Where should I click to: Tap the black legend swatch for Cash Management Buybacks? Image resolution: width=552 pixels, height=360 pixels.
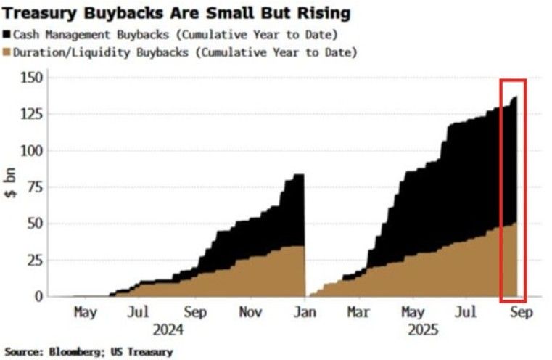point(7,35)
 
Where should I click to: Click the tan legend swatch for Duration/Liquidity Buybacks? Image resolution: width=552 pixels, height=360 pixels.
point(7,52)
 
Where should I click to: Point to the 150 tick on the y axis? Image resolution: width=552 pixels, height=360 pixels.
point(33,78)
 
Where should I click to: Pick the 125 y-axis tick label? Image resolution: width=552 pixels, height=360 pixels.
point(33,114)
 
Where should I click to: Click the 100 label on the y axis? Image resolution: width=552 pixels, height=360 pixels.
point(33,150)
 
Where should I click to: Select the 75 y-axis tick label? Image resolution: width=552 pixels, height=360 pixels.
point(36,187)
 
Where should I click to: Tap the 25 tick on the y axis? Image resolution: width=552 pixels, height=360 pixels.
point(36,260)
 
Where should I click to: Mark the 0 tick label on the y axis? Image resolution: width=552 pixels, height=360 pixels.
point(40,296)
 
